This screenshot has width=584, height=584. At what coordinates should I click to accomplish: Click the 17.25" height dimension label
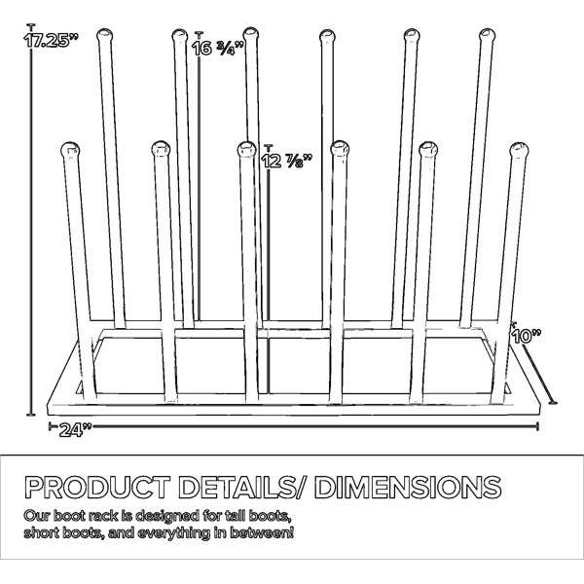[x=47, y=40]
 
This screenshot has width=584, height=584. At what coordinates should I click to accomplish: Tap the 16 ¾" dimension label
[x=218, y=48]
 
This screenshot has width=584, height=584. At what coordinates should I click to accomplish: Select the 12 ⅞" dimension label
[x=286, y=161]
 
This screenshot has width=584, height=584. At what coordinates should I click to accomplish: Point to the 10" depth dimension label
[x=526, y=336]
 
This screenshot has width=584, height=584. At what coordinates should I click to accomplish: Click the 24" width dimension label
[x=75, y=430]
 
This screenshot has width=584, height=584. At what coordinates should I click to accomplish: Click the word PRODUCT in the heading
[x=97, y=487]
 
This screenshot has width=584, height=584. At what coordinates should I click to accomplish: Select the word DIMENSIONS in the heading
[x=408, y=487]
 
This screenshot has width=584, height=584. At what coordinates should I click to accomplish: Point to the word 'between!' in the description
[x=262, y=533]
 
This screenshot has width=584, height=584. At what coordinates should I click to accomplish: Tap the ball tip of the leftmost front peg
[x=70, y=150]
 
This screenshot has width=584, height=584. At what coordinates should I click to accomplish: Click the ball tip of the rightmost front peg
[x=519, y=150]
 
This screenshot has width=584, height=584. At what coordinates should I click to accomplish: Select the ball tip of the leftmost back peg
[x=105, y=35]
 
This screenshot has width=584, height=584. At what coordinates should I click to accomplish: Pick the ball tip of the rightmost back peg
[x=487, y=36]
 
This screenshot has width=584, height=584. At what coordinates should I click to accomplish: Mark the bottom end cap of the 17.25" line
[x=31, y=415]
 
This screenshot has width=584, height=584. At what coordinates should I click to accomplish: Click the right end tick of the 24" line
[x=537, y=426]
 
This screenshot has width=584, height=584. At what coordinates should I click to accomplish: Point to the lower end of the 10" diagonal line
[x=553, y=402]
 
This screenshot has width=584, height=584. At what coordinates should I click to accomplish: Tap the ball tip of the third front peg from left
[x=246, y=149]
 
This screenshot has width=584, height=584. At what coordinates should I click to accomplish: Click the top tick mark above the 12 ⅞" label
[x=269, y=146]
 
